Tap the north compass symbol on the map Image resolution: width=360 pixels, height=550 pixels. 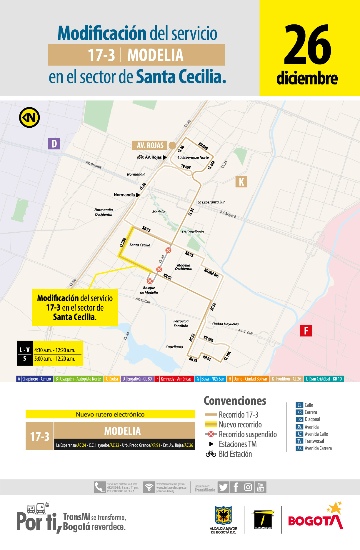pos(29,118)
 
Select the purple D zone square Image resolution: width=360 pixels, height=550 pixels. pos(54,144)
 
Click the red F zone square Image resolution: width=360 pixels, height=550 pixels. pos(306,331)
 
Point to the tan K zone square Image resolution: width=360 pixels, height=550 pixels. pos(241,182)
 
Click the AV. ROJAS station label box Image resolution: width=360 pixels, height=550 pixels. pos(150,145)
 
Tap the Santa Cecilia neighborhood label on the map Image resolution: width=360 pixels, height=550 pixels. pos(140,245)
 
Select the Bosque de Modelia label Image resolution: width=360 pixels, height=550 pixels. pos(149,290)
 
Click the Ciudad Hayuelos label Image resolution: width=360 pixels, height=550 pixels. pos(225,324)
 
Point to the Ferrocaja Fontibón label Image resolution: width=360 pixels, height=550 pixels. pos(181,324)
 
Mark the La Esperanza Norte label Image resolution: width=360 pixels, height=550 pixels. pos(193,158)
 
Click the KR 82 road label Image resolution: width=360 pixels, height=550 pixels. pos(167,276)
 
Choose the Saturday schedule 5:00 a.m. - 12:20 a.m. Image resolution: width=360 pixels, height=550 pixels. pos(55,359)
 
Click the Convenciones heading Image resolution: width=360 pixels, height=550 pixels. pos(235,401)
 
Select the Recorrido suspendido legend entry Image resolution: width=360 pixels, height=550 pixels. pos(248,434)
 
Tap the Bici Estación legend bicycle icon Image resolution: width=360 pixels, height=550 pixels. pos(211,454)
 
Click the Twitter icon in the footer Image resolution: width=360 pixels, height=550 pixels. pos(223,487)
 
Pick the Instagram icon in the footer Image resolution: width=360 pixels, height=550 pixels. pos(248,487)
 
